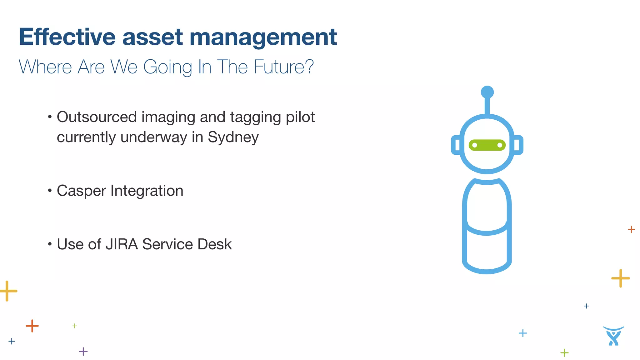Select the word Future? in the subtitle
pos(283,67)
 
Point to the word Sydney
pos(233,137)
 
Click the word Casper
pos(81,191)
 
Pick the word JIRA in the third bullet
pos(122,244)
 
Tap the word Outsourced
pos(97,117)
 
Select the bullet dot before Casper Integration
pos(50,190)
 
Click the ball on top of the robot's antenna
pos(487,92)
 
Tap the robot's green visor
pos(487,145)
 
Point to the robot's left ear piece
pos(456,145)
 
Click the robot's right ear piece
pos(518,145)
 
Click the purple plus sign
pos(83,352)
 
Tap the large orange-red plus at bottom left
pos(32,326)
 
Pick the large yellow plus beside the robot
pos(620,278)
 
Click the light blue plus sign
pos(522,333)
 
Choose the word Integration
pos(147,191)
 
